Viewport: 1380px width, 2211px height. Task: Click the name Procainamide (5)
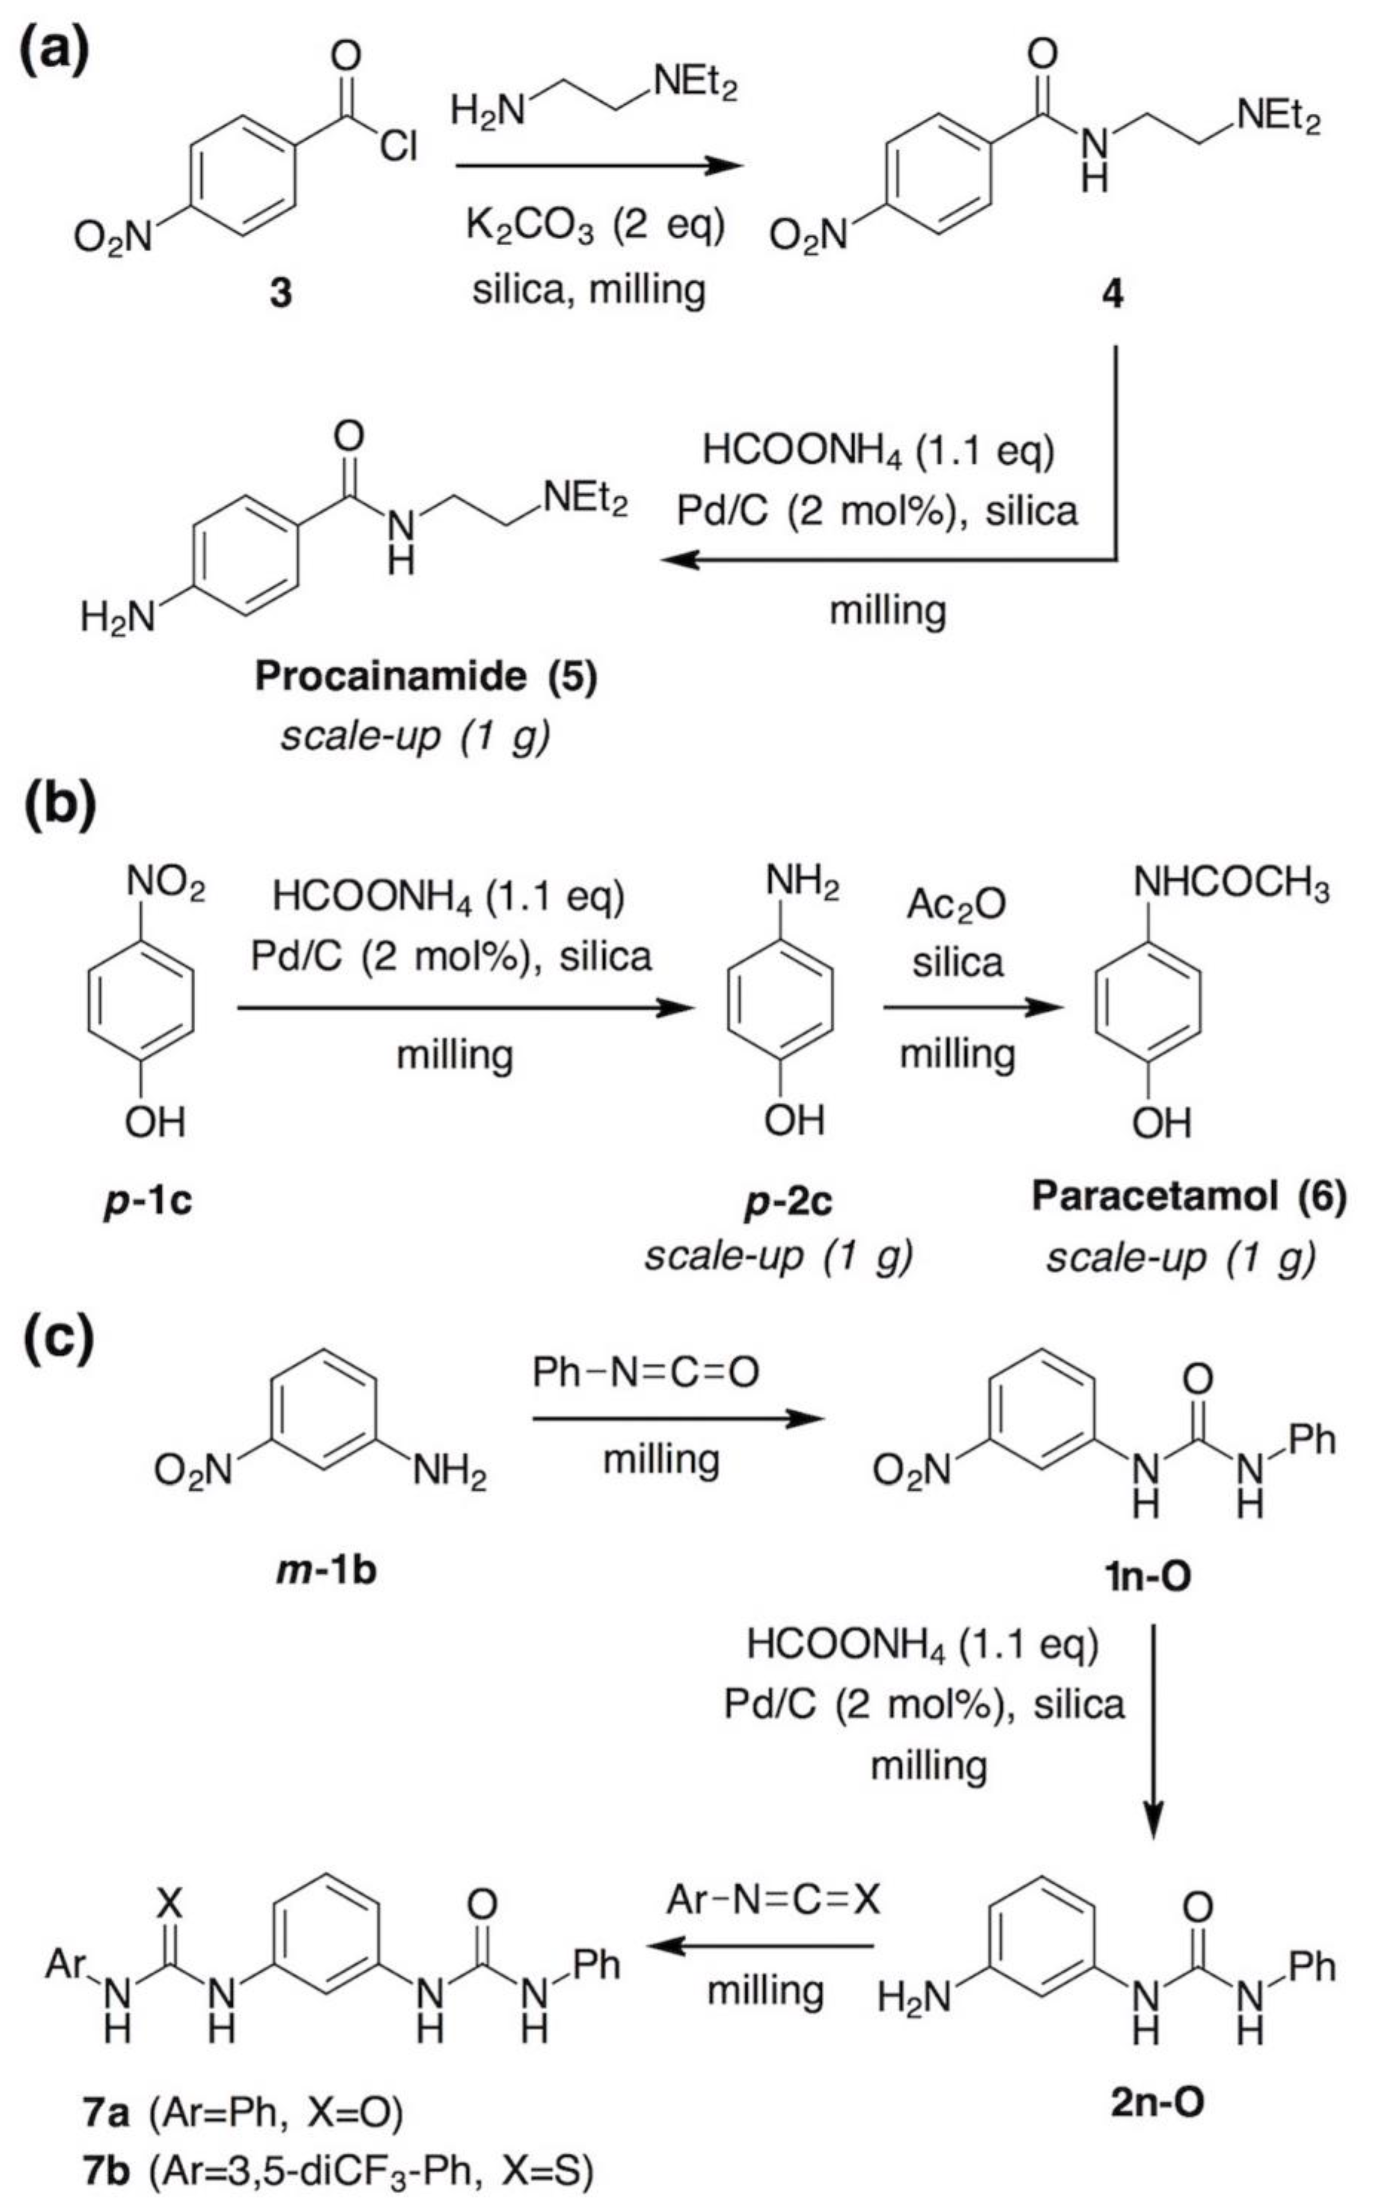pyautogui.click(x=425, y=676)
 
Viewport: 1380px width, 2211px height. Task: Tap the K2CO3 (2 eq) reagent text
pyautogui.click(x=595, y=225)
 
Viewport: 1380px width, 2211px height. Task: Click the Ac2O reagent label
pyautogui.click(x=956, y=904)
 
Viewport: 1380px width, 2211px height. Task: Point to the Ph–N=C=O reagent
pyautogui.click(x=645, y=1372)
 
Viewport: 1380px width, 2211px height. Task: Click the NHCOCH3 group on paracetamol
pyautogui.click(x=1230, y=884)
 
